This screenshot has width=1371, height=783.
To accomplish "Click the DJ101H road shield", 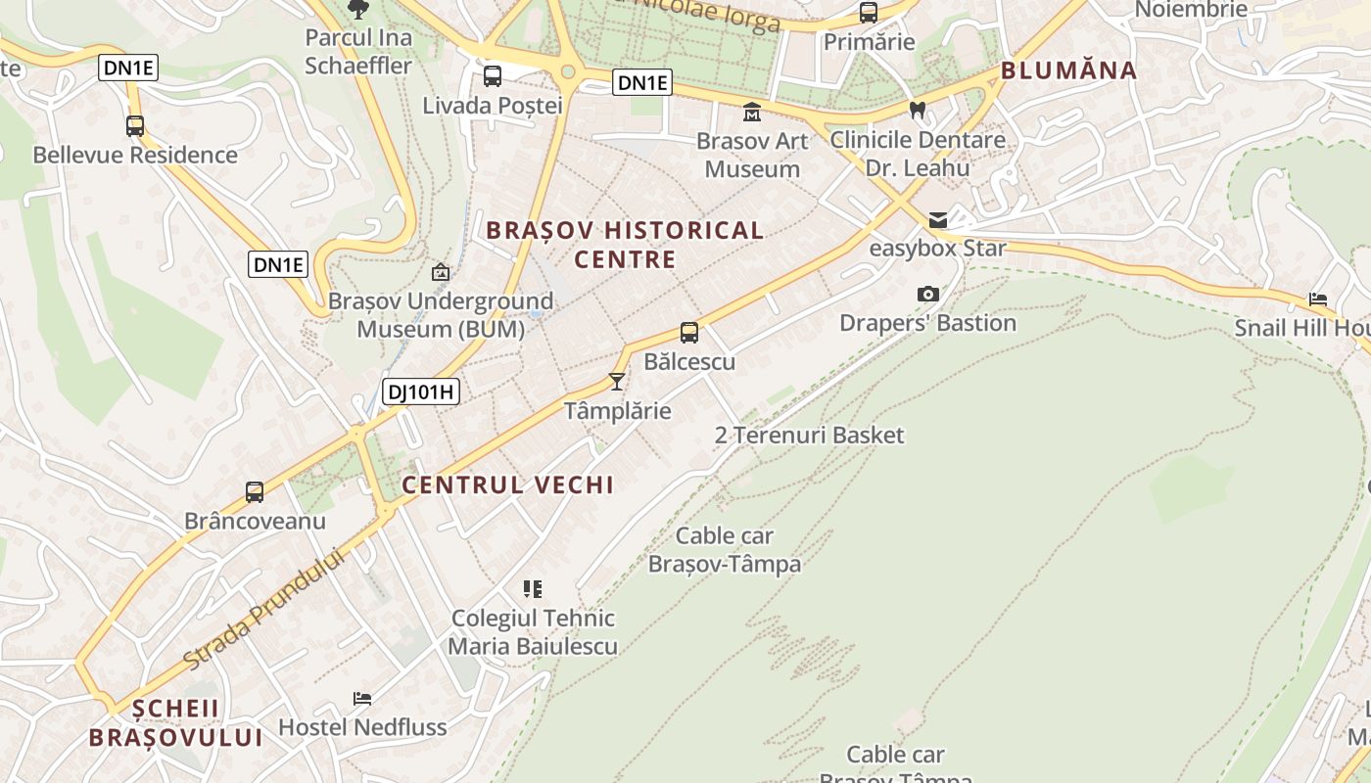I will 421,392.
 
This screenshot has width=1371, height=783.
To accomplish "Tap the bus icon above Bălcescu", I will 689,333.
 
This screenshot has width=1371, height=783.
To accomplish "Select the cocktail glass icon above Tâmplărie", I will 617,381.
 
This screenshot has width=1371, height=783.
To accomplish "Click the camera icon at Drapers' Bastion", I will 927,294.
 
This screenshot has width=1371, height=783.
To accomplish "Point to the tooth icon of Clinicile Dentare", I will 918,111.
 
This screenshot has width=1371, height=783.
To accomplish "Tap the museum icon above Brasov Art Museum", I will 752,112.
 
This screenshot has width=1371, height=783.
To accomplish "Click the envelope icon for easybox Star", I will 938,219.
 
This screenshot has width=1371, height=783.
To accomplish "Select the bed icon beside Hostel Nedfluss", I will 362,699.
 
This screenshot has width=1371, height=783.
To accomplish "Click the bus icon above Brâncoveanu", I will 255,492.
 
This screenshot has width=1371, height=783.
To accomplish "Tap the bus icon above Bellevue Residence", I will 135,126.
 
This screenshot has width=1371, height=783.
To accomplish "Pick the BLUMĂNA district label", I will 1068,70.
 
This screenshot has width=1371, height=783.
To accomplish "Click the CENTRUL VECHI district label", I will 508,484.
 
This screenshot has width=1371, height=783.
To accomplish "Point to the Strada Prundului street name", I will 264,609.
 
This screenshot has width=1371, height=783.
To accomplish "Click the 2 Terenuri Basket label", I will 809,436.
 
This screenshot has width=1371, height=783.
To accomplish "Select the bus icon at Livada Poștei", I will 493,76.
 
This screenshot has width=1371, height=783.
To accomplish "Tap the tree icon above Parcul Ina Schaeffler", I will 358,10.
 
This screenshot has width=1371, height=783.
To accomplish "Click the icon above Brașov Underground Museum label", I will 441,272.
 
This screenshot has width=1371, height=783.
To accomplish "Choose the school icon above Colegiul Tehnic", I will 533,589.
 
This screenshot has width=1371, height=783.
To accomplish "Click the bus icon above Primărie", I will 869,13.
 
